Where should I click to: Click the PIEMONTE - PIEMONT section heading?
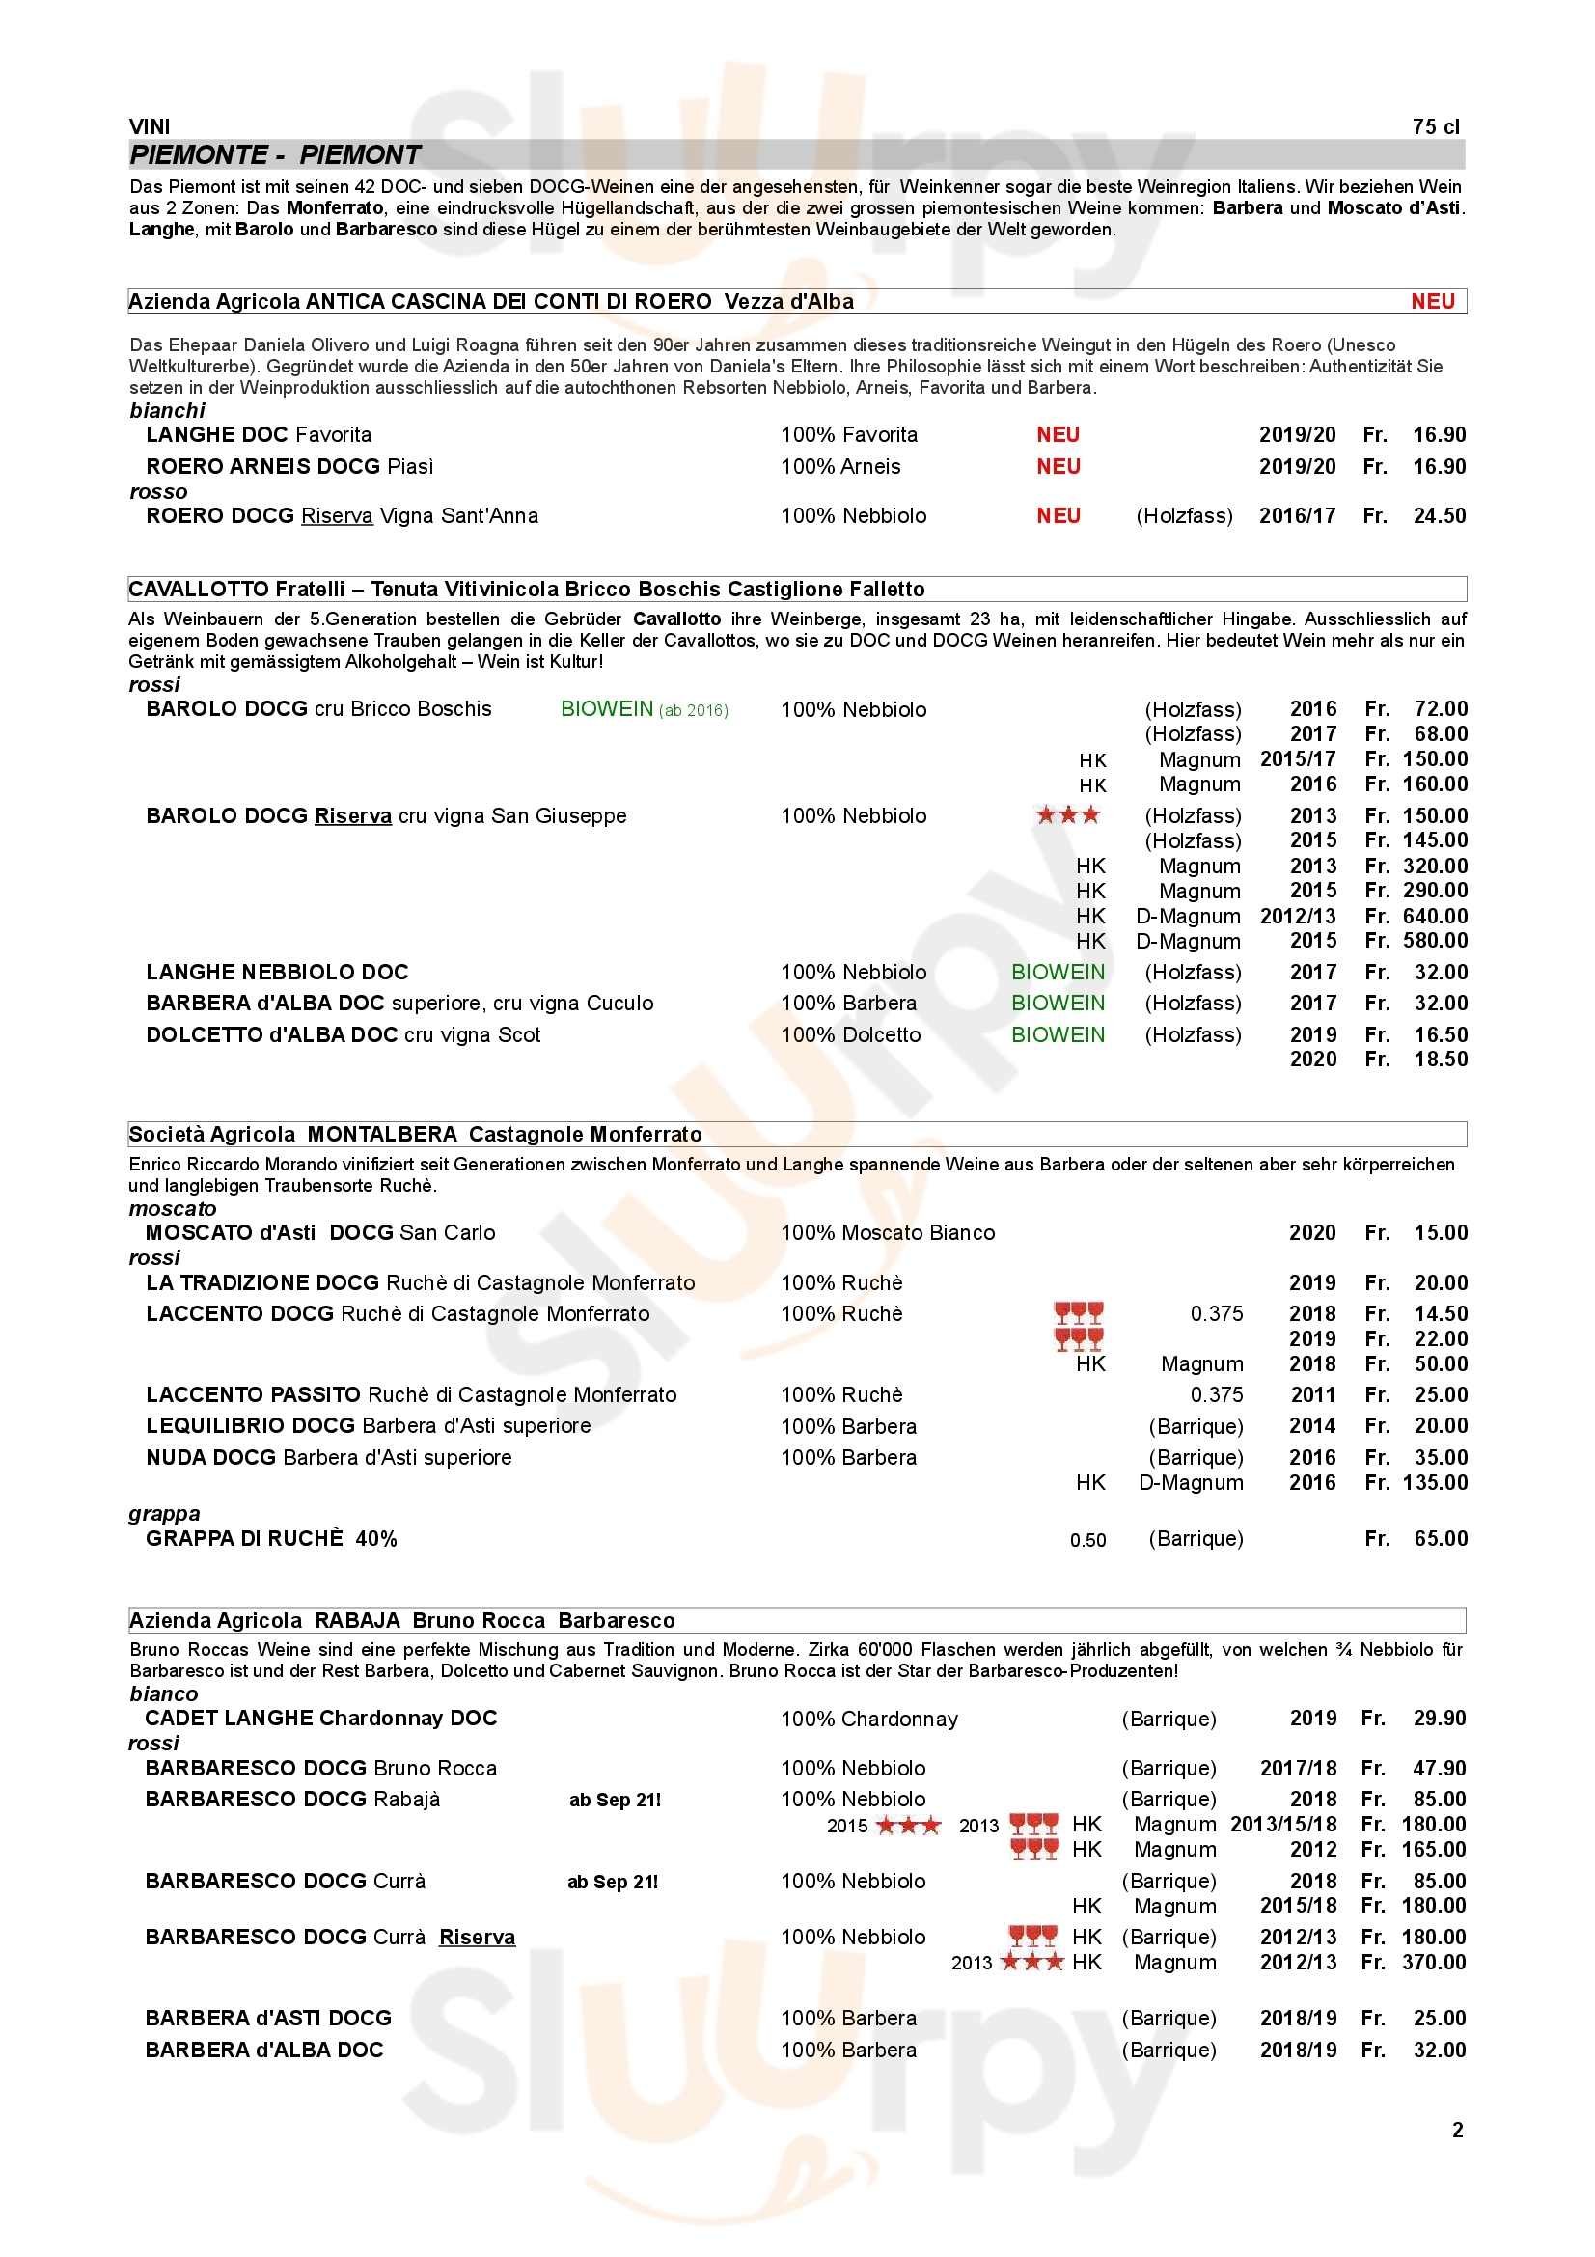point(275,155)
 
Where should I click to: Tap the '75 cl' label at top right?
point(1436,126)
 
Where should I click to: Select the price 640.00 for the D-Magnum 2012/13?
point(1435,916)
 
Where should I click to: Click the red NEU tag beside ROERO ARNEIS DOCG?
point(1058,467)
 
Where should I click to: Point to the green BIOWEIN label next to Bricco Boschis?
point(606,710)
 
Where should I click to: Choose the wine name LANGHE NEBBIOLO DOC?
point(277,973)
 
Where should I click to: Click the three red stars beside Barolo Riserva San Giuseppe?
point(1067,815)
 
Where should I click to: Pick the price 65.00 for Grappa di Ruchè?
point(1440,1539)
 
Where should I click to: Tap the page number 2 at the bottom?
point(1457,2131)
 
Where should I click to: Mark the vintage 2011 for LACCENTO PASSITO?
point(1312,1395)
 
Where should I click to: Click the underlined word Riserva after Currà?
point(477,1938)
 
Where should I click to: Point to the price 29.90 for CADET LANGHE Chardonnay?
point(1439,1719)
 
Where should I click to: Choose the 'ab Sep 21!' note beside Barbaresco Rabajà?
point(615,1800)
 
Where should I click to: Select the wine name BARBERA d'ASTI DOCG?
point(268,2018)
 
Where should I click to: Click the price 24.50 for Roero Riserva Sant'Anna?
point(1439,516)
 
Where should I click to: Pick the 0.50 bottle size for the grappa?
point(1087,1540)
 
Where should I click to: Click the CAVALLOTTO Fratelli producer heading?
point(527,590)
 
